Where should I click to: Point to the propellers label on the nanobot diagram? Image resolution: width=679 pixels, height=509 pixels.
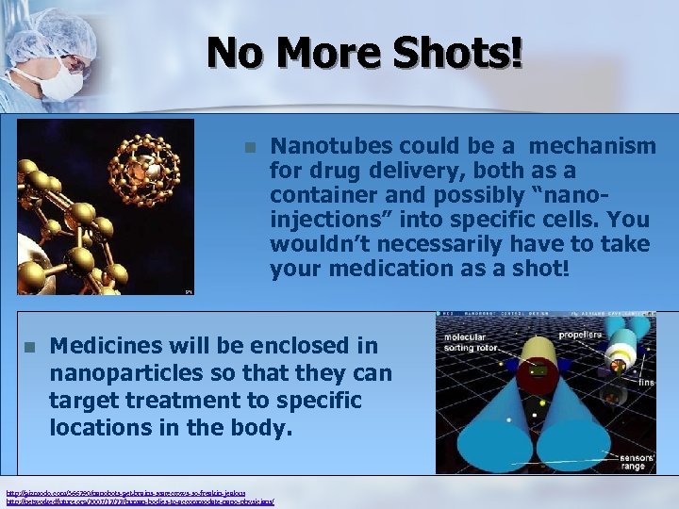click(x=580, y=335)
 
